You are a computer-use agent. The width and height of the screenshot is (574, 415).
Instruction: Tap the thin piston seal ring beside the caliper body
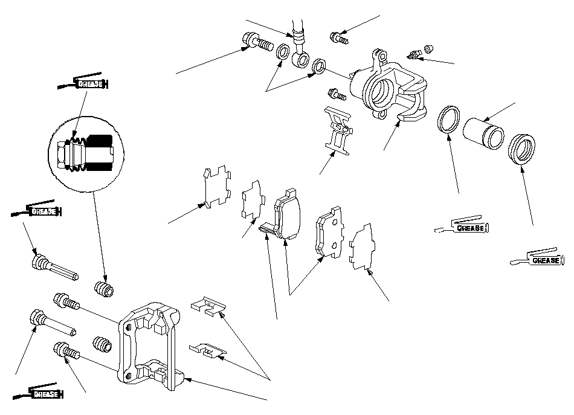448,119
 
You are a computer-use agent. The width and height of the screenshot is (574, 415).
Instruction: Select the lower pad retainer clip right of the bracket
208,350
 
